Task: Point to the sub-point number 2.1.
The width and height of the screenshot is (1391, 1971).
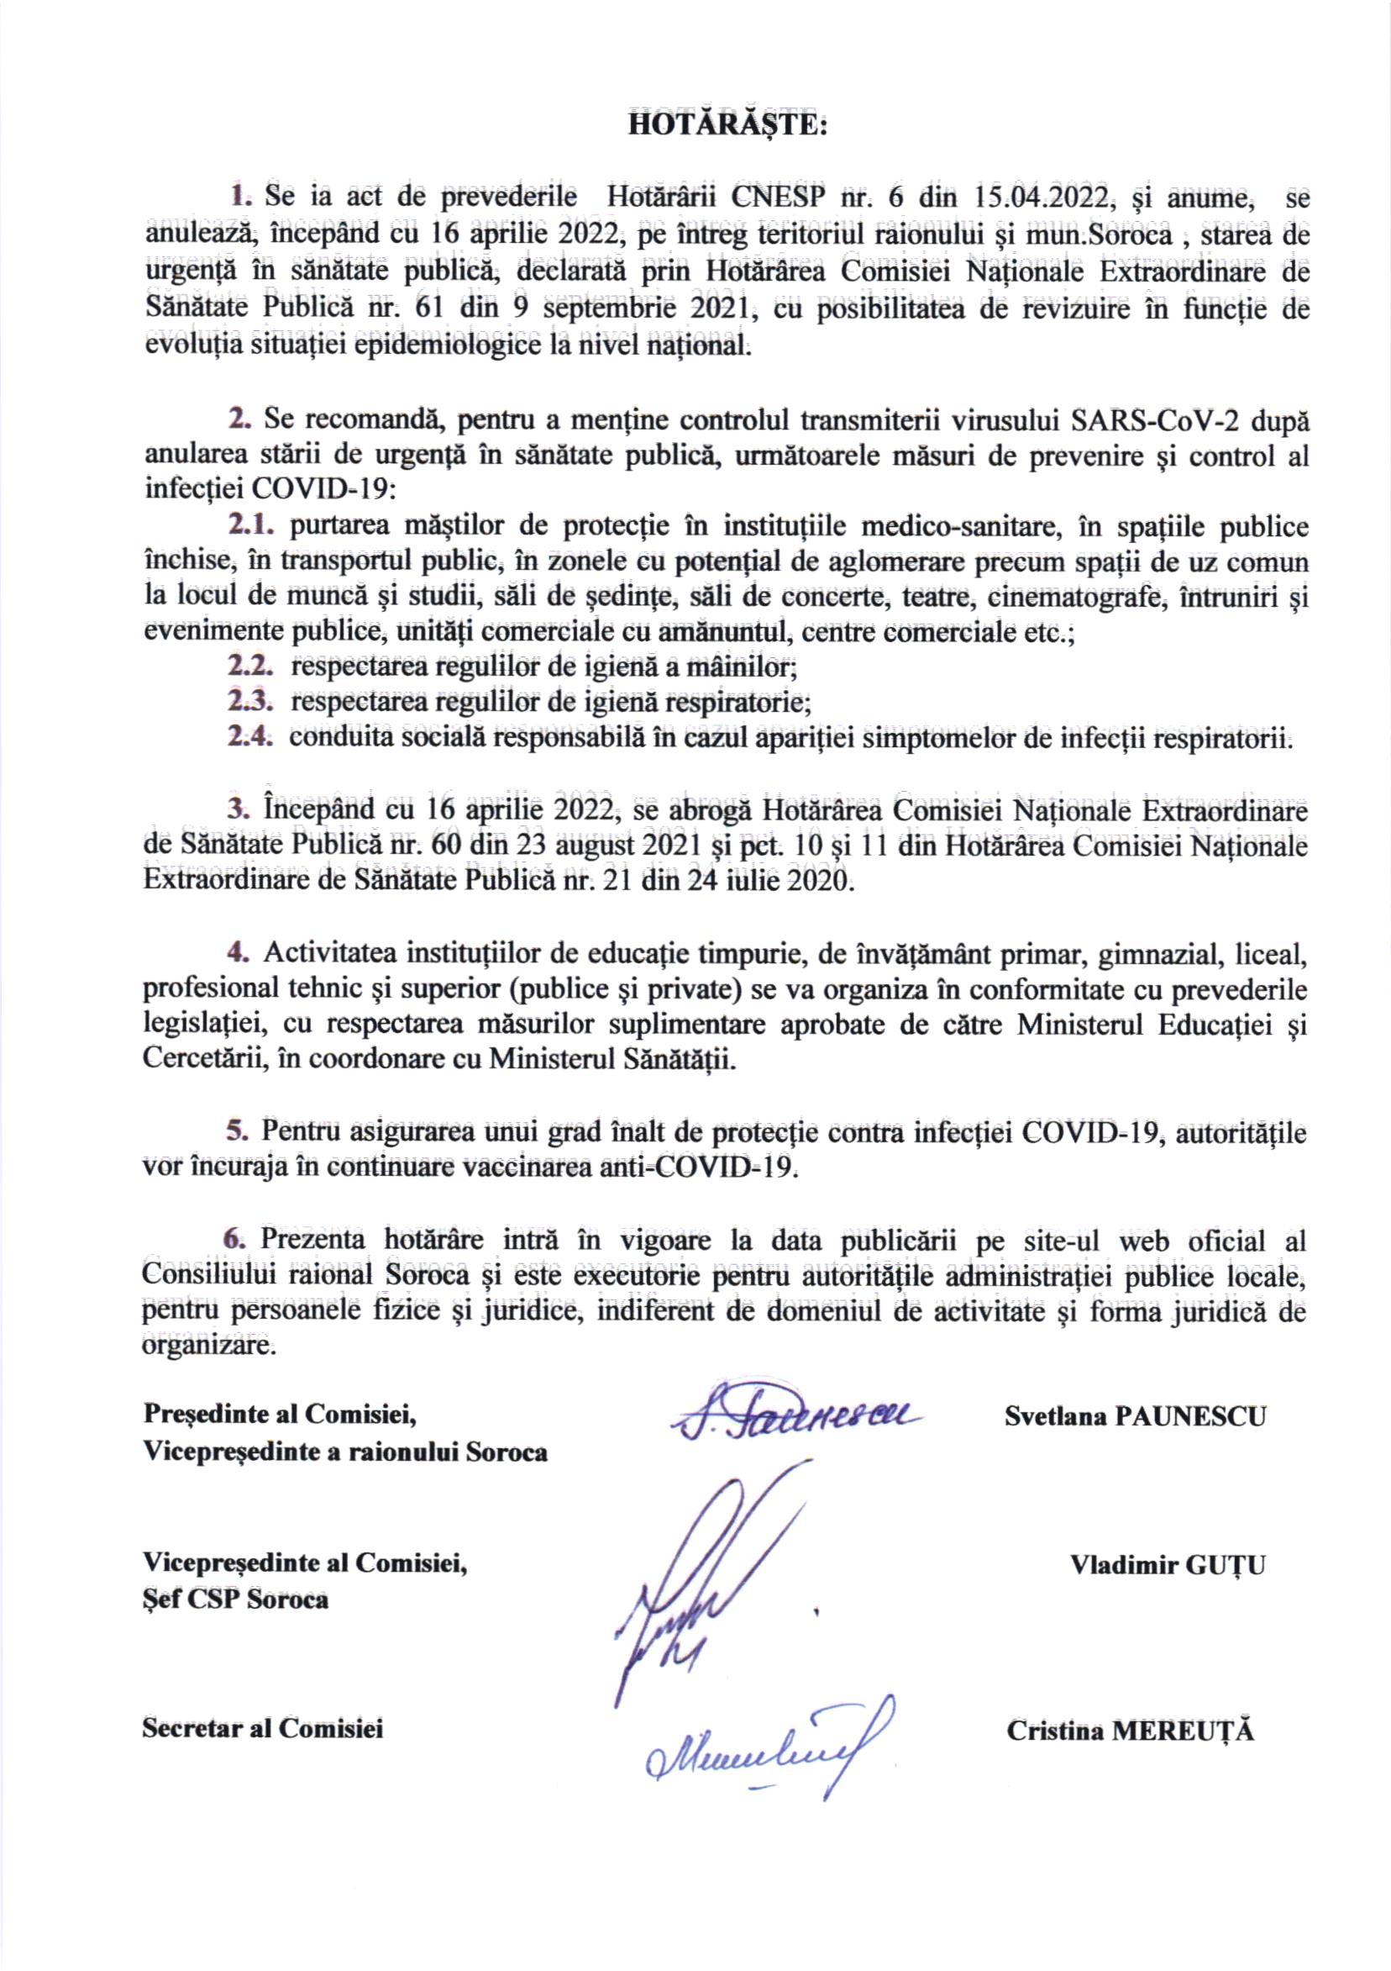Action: pos(250,524)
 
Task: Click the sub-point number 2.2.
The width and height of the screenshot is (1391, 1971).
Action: pos(250,665)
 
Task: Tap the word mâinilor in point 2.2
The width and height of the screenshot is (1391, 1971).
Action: pos(745,666)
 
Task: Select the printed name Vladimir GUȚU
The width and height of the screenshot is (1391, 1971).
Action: pos(1167,1563)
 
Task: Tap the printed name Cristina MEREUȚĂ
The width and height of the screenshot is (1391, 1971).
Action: pos(1130,1705)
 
